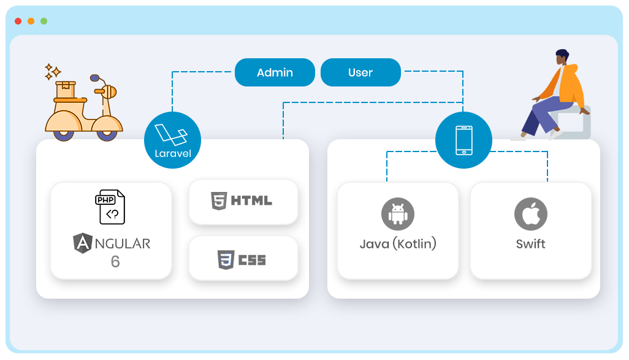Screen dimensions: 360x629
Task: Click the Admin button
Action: (x=275, y=72)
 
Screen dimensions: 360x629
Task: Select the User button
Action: (x=360, y=72)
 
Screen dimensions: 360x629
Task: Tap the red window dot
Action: (x=18, y=21)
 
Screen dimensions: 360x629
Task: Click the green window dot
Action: (x=44, y=21)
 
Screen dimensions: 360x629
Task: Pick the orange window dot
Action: (x=31, y=21)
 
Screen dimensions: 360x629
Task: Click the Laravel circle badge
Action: (x=172, y=140)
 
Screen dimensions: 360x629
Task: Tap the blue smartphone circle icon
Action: (x=463, y=140)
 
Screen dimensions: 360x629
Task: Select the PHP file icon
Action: (x=111, y=207)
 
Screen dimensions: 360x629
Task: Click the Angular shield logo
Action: (x=82, y=243)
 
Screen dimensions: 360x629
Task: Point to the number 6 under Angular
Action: (x=115, y=262)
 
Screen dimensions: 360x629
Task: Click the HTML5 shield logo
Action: (x=218, y=201)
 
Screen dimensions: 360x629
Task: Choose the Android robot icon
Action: (x=398, y=213)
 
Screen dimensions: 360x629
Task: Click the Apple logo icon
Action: (x=530, y=213)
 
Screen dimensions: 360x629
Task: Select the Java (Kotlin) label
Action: (x=398, y=243)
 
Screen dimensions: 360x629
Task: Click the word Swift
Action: (x=530, y=243)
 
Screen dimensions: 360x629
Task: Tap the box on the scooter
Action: (x=66, y=90)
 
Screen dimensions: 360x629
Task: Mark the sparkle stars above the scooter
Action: (x=52, y=71)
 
